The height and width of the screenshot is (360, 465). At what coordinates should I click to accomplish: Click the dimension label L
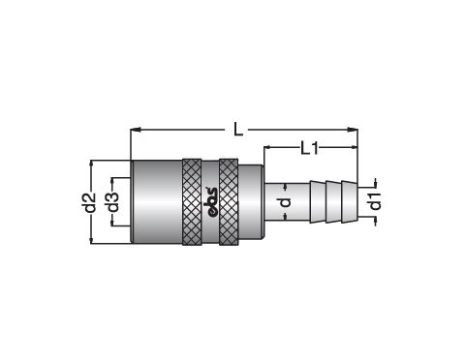[238, 130]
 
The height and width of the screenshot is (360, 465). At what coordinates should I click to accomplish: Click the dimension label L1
[310, 149]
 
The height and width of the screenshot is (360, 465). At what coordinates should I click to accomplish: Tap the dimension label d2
[92, 202]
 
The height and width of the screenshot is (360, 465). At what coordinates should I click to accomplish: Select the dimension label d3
[113, 202]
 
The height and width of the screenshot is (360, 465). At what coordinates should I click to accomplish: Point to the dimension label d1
[375, 201]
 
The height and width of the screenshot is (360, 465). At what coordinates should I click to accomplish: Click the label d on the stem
[285, 202]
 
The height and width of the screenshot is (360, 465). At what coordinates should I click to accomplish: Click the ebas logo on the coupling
[211, 202]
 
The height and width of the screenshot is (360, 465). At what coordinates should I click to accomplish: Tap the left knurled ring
[192, 202]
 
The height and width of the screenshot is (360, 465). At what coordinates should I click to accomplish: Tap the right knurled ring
[229, 202]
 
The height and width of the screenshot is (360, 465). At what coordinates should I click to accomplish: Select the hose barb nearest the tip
[350, 201]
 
